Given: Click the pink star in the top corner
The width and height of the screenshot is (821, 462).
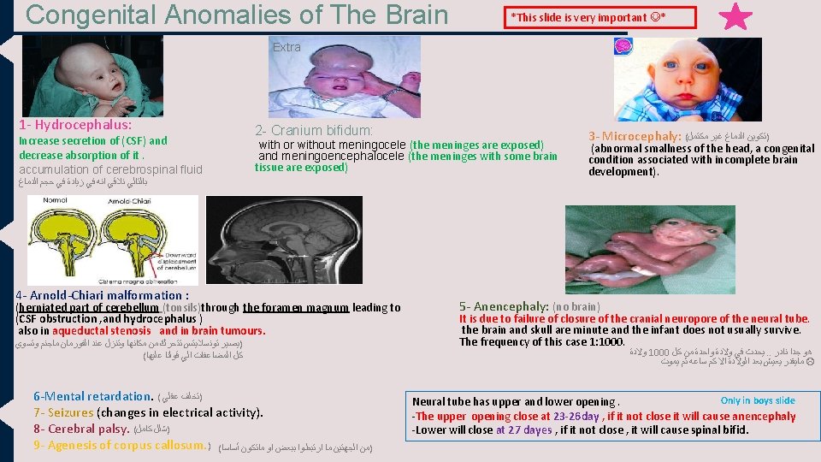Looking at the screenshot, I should [x=735, y=18].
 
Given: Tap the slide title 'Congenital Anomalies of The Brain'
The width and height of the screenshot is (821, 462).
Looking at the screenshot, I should [x=237, y=15].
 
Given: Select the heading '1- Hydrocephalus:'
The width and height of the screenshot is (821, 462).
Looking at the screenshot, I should [x=72, y=125].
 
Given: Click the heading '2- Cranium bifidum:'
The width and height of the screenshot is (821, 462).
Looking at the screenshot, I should [x=314, y=130].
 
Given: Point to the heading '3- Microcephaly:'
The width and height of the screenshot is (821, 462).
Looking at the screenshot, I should [x=634, y=136].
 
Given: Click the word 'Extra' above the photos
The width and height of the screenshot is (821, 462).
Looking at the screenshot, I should [x=286, y=47].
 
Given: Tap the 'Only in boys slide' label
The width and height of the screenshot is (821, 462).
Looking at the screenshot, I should [x=757, y=400].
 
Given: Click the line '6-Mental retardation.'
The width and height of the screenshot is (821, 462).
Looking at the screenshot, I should [x=92, y=396].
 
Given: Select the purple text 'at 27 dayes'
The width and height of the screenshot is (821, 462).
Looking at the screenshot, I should [x=523, y=429].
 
